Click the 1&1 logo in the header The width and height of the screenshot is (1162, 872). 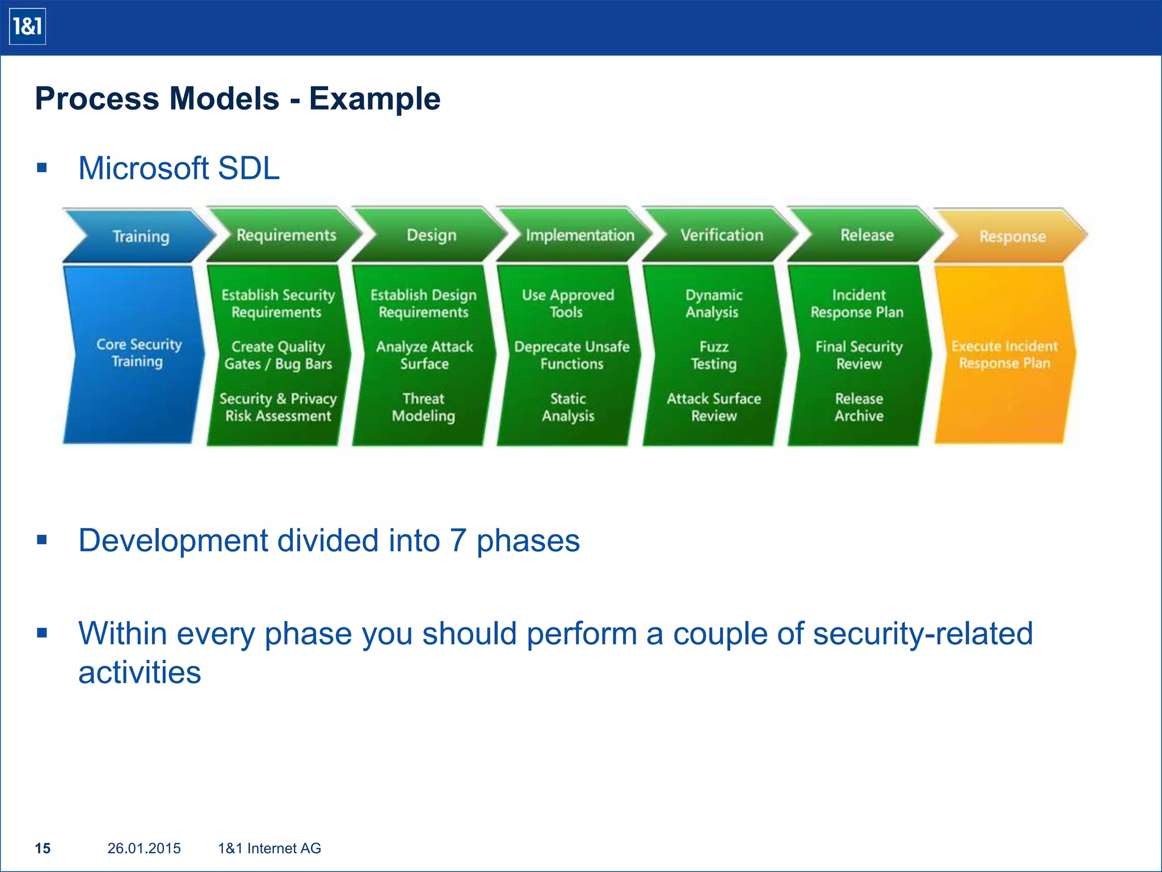pyautogui.click(x=27, y=27)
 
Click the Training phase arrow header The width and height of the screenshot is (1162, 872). pyautogui.click(x=140, y=236)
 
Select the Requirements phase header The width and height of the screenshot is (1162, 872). pyautogui.click(x=286, y=235)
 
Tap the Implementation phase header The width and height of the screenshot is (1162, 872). pyautogui.click(x=579, y=235)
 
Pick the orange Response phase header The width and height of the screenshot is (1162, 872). pyautogui.click(x=1012, y=236)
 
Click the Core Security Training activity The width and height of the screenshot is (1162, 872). pyautogui.click(x=138, y=353)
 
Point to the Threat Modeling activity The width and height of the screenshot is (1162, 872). pyautogui.click(x=423, y=407)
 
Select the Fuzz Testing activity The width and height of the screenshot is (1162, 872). pyautogui.click(x=714, y=355)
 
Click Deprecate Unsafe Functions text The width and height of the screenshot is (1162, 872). pyautogui.click(x=571, y=355)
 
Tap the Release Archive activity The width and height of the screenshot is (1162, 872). pyautogui.click(x=858, y=407)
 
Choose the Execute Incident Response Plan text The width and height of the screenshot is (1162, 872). pyautogui.click(x=1004, y=354)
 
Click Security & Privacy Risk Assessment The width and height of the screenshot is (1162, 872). pyautogui.click(x=278, y=407)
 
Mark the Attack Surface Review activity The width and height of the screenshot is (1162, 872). pyautogui.click(x=714, y=407)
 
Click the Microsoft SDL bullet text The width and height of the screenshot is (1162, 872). pyautogui.click(x=179, y=169)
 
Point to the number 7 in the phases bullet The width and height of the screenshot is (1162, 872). pyautogui.click(x=458, y=540)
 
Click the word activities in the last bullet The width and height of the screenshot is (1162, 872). pyautogui.click(x=140, y=673)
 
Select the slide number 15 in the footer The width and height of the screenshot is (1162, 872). pyautogui.click(x=43, y=848)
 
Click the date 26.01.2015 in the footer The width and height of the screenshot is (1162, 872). pyautogui.click(x=144, y=848)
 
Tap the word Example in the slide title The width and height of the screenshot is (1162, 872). pyautogui.click(x=374, y=99)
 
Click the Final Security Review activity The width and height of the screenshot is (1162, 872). pyautogui.click(x=858, y=355)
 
